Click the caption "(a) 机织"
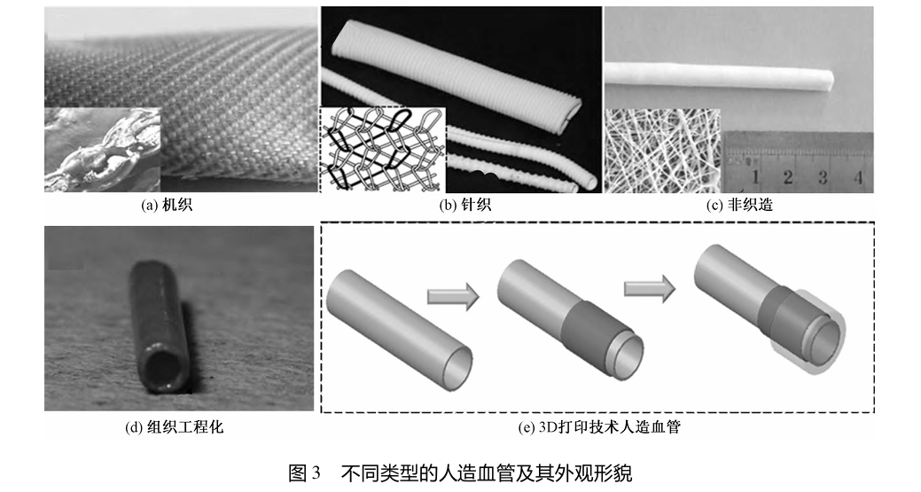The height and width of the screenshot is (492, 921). pyautogui.click(x=167, y=205)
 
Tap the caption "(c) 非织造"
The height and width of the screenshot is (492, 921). pyautogui.click(x=739, y=205)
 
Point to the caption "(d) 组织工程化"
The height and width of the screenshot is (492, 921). pyautogui.click(x=175, y=426)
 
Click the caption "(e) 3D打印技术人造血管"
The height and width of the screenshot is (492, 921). pyautogui.click(x=599, y=426)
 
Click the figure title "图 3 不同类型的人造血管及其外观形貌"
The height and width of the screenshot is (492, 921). pyautogui.click(x=460, y=472)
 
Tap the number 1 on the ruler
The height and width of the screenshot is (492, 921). pyautogui.click(x=754, y=176)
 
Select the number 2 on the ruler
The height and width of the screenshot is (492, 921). pyautogui.click(x=788, y=176)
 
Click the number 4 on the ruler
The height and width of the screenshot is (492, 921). pyautogui.click(x=857, y=176)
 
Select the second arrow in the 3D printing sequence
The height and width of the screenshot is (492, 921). pyautogui.click(x=649, y=290)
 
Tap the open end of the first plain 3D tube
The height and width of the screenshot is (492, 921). pyautogui.click(x=457, y=367)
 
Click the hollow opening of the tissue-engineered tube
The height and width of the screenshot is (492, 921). pyautogui.click(x=159, y=370)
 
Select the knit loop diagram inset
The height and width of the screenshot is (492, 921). pyautogui.click(x=382, y=149)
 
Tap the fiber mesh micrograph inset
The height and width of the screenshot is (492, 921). pyautogui.click(x=662, y=151)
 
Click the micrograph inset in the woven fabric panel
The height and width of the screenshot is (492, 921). pyautogui.click(x=102, y=149)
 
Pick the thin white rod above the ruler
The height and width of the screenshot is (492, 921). pyautogui.click(x=720, y=79)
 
